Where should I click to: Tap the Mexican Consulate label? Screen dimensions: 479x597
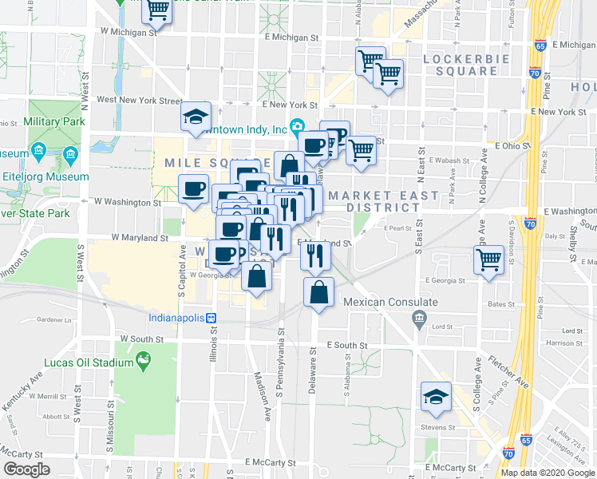tap(390, 303)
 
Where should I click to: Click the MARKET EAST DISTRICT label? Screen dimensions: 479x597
tap(383, 201)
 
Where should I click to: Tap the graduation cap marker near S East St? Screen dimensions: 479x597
tap(437, 397)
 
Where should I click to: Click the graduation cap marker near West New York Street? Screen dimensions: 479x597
tap(196, 117)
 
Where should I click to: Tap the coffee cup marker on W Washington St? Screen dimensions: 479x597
tap(194, 189)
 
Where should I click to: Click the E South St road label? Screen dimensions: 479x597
tap(346, 346)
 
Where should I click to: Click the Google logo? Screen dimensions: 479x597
tap(26, 469)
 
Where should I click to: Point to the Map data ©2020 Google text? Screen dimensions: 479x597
tap(547, 473)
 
